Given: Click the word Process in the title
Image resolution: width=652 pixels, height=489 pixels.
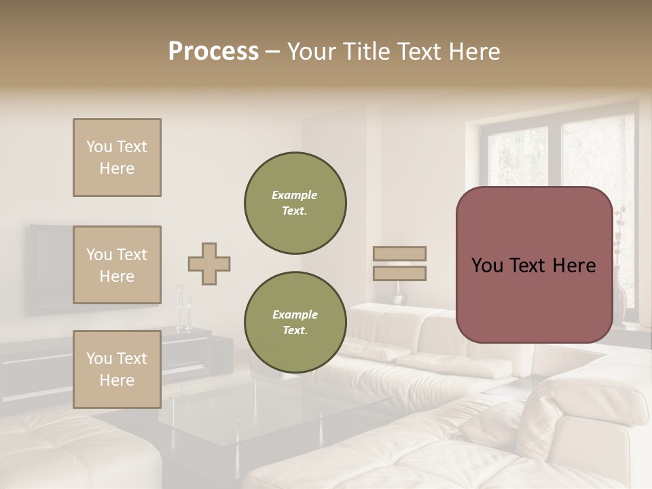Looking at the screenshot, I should click(x=213, y=52).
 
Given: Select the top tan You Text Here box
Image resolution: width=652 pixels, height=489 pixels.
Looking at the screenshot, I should click(x=117, y=158).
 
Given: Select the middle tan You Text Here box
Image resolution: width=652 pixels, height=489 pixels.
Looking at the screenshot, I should click(x=117, y=265).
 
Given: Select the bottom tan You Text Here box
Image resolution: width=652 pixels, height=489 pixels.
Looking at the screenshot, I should click(x=117, y=369).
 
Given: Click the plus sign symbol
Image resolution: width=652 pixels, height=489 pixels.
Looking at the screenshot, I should click(x=209, y=264).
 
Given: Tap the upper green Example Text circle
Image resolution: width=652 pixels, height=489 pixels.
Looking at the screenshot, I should click(x=295, y=203).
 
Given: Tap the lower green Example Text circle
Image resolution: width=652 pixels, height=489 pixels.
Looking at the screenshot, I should click(x=295, y=323).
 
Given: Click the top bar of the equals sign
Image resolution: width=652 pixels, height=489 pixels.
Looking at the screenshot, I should click(x=400, y=254).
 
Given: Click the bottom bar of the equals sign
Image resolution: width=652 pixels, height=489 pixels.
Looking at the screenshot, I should click(x=400, y=274).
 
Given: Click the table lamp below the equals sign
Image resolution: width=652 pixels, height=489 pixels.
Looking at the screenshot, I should click(x=399, y=292).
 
